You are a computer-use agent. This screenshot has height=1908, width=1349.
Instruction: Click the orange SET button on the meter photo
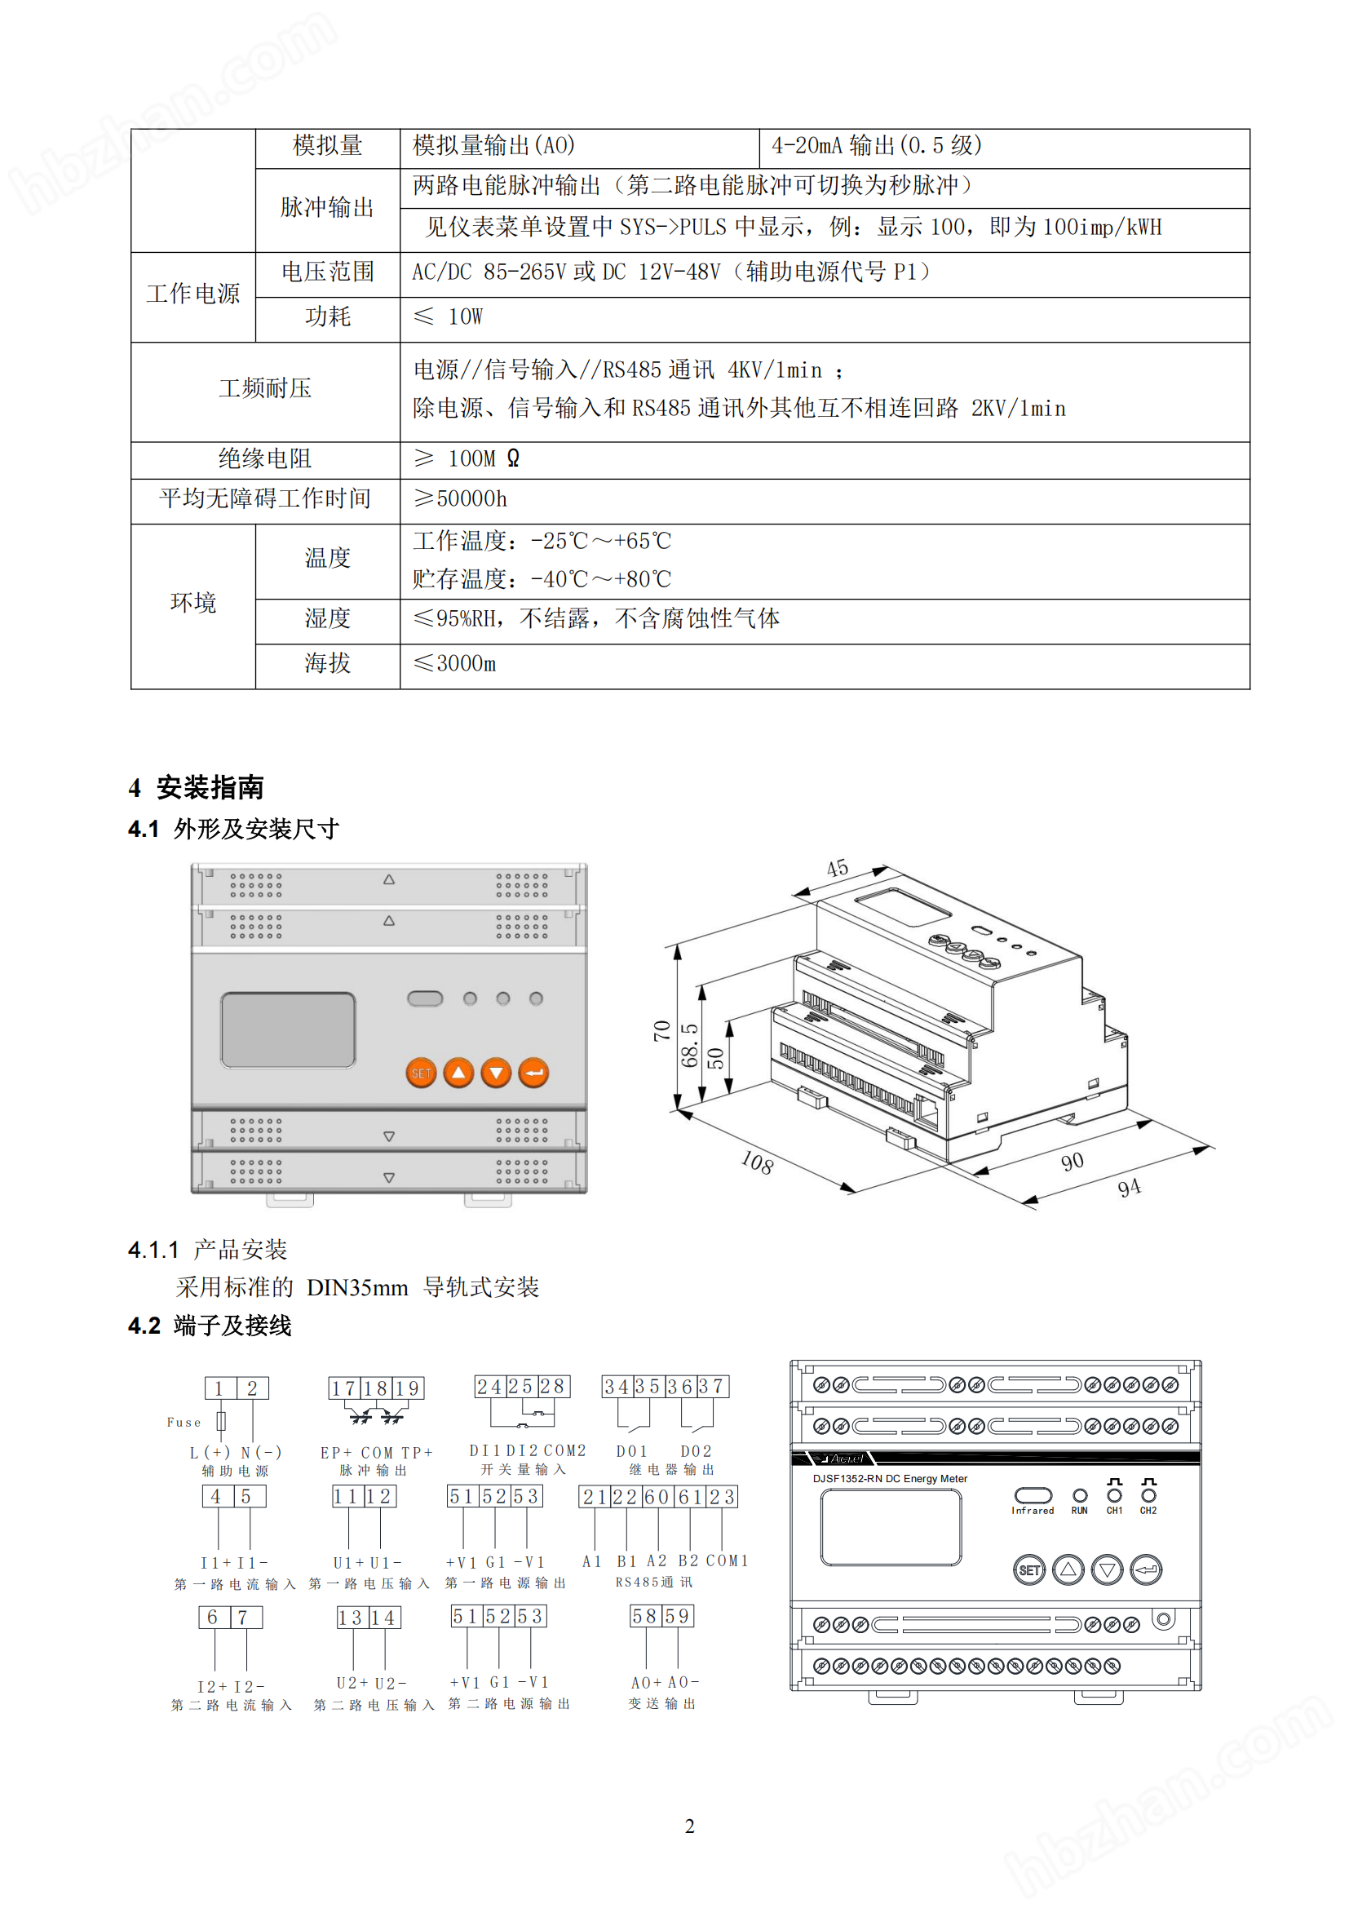pos(421,1073)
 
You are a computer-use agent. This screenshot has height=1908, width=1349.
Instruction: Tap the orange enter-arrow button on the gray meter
pos(533,1073)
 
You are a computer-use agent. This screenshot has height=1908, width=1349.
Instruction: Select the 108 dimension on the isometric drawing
pos(757,1162)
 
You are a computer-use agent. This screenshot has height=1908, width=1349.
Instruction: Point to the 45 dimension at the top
pos(838,869)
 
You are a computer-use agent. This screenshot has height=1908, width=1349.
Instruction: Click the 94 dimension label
pos(1129,1188)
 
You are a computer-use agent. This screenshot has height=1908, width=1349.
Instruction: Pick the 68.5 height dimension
pos(689,1045)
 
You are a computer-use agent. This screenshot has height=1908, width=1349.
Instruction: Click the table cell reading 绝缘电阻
pos(265,458)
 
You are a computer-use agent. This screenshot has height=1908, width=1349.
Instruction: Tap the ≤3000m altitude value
pos(455,663)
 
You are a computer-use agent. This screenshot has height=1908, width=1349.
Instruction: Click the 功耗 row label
pos(327,317)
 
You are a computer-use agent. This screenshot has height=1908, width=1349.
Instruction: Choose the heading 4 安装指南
pos(197,787)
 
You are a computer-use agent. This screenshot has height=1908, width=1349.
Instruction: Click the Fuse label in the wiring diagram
pos(184,1423)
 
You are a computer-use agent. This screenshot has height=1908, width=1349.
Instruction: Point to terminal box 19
pos(407,1388)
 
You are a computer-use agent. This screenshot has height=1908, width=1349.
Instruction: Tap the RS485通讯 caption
pos(654,1583)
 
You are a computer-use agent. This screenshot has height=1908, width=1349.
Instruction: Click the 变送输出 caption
pos(662,1703)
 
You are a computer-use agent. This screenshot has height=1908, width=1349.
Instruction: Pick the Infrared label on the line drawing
pos(1033,1511)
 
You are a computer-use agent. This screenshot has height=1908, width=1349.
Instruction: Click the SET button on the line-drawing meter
pos(1029,1569)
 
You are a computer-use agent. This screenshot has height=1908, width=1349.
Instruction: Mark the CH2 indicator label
pos(1148,1511)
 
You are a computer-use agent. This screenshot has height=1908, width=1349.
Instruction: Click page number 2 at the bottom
pos(689,1826)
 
